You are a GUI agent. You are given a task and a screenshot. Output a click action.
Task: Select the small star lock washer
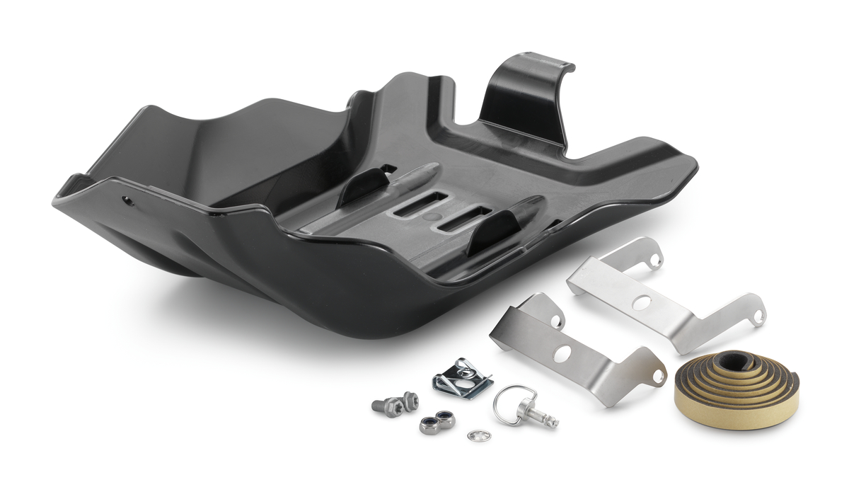click(x=475, y=435)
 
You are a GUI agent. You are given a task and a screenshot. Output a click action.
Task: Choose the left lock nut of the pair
click(x=427, y=425)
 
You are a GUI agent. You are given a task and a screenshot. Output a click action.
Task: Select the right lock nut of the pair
click(x=445, y=418)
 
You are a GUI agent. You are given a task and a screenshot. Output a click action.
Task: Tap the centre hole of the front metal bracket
click(x=562, y=353)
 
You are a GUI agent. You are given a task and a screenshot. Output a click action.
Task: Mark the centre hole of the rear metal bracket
click(x=643, y=303)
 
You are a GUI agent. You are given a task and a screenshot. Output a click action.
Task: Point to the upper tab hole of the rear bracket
click(x=656, y=261)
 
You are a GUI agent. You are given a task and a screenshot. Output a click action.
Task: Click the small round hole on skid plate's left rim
click(x=128, y=201)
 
